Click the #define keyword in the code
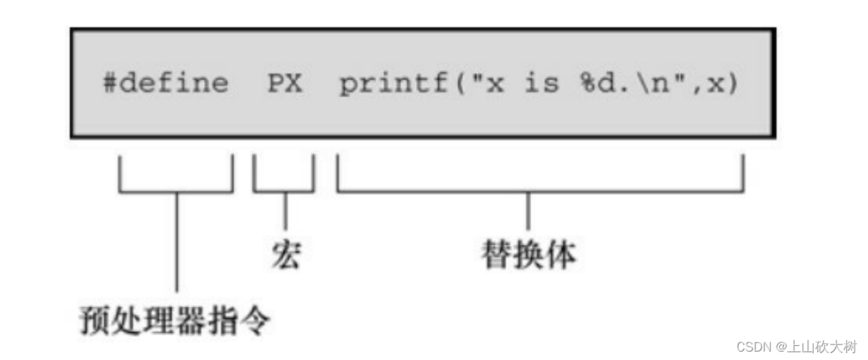coord(165,84)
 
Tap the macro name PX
coord(284,84)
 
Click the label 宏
coord(286,255)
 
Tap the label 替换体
coord(528,255)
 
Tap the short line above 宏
coord(285,210)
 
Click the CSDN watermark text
coord(753,347)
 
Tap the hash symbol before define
coord(110,84)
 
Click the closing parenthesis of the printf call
coord(733,84)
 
